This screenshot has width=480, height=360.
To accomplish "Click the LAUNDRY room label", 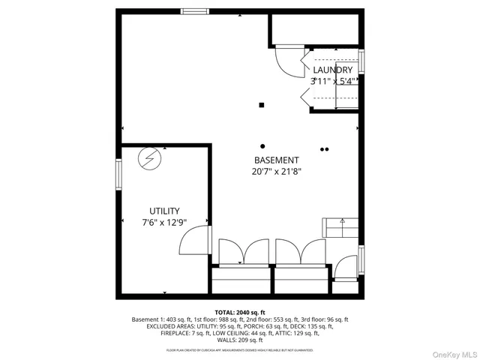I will (x=332, y=70).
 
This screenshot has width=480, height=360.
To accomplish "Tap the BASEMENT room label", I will (x=277, y=160).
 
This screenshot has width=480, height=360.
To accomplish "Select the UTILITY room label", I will (x=164, y=211).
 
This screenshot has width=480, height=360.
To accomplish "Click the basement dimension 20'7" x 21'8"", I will (x=277, y=172).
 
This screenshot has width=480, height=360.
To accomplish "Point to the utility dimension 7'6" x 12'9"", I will (x=164, y=223).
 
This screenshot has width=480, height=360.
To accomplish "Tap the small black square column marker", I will (x=262, y=105).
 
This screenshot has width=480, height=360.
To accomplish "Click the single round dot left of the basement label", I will (x=262, y=145).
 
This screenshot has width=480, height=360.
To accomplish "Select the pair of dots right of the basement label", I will (x=324, y=149).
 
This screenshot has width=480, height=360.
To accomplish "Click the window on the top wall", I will (x=195, y=11).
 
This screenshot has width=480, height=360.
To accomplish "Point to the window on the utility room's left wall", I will (x=118, y=175).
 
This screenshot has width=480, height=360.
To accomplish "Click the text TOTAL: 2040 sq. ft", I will (x=240, y=312).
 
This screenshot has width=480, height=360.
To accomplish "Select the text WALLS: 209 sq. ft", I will (x=240, y=340).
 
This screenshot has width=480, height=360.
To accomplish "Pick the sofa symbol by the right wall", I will (x=339, y=226).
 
